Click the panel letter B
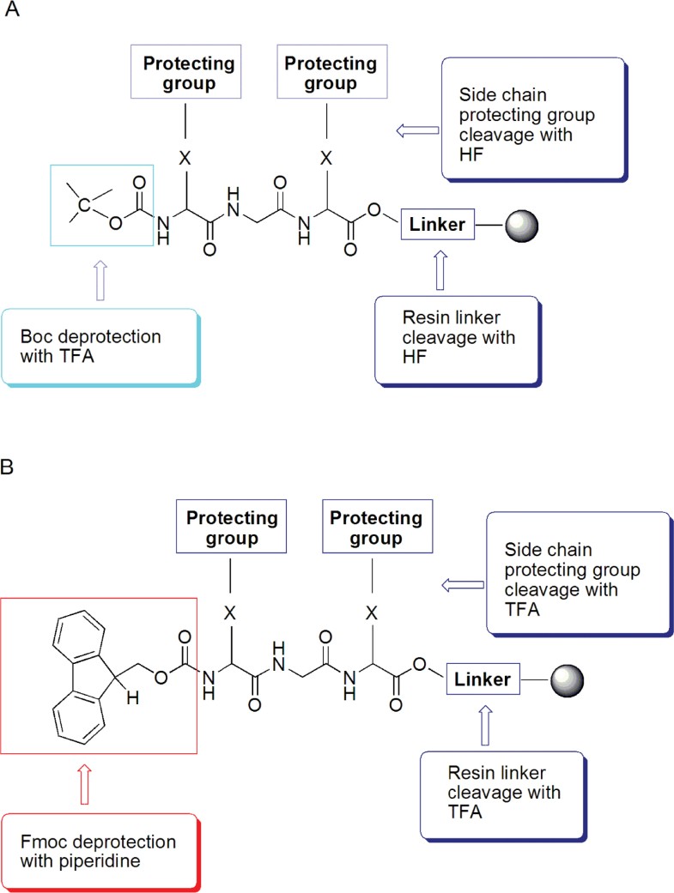click(11, 469)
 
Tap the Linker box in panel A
click(437, 225)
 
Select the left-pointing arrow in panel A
click(416, 130)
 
